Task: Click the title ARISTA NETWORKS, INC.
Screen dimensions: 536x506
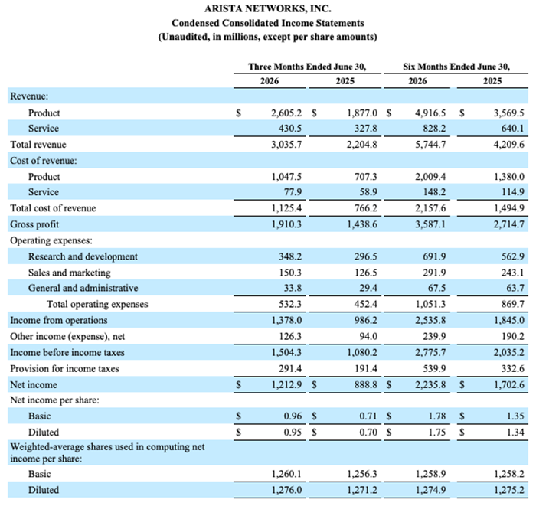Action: tap(268, 8)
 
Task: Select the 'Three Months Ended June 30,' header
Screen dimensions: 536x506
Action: tap(307, 67)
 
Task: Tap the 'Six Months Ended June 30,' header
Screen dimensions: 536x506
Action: tap(456, 67)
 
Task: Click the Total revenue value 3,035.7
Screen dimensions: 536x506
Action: tap(286, 145)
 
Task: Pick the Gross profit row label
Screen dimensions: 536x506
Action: tap(34, 224)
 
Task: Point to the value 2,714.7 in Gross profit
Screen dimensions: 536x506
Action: tap(508, 224)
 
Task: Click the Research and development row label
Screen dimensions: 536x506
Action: tap(83, 256)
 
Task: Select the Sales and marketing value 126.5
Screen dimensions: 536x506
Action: tap(366, 273)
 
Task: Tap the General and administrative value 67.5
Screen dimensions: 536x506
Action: tap(437, 288)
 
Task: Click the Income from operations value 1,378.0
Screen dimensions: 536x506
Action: tap(286, 321)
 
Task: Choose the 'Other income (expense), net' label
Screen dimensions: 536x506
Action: tap(67, 337)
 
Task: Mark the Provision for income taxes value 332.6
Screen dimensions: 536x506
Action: tap(513, 369)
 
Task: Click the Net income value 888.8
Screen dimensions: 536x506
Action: tap(366, 385)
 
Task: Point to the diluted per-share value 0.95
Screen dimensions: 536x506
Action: tap(293, 433)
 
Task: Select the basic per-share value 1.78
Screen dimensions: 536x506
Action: tap(437, 416)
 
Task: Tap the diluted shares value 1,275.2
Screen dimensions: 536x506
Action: tap(508, 490)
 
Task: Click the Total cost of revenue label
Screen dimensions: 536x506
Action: tap(53, 208)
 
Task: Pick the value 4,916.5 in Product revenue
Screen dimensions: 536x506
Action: tap(430, 113)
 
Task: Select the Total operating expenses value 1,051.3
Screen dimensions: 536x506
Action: tap(430, 304)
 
